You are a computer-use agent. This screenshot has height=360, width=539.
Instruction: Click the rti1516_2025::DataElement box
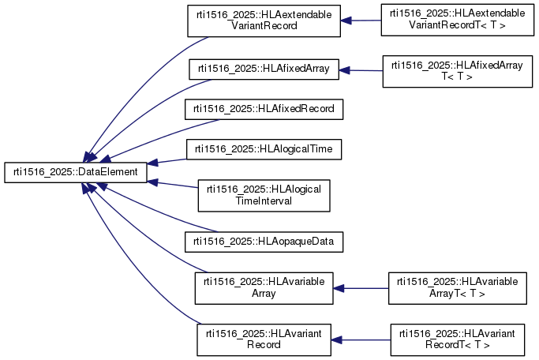(76, 173)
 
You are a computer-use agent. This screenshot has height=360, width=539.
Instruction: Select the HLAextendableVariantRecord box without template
(264, 21)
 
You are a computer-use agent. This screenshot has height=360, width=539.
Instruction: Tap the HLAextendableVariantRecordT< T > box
(458, 20)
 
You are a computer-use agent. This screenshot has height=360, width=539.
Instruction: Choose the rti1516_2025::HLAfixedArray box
(264, 69)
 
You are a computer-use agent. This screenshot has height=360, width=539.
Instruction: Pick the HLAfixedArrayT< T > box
(458, 72)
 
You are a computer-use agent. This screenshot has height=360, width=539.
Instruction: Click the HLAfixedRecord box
(264, 109)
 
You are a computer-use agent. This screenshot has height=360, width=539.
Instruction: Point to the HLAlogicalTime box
(264, 149)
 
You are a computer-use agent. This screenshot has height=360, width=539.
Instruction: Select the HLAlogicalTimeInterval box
(264, 196)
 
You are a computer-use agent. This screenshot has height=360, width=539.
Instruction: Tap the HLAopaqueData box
(264, 242)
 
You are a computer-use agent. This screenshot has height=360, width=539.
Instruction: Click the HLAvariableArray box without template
(264, 288)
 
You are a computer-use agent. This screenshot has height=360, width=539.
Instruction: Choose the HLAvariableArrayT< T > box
(458, 288)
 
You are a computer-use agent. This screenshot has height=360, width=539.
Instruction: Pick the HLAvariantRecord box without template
(264, 339)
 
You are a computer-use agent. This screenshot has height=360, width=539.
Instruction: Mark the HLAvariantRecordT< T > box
(458, 339)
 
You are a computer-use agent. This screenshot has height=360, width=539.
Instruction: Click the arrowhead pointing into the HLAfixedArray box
(344, 70)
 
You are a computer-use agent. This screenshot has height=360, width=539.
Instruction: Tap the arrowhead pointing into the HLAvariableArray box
(339, 288)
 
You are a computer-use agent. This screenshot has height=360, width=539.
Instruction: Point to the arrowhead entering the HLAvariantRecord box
(336, 340)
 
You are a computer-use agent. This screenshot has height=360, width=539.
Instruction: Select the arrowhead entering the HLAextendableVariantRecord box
(346, 21)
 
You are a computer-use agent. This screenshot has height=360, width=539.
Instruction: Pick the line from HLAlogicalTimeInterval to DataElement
(173, 184)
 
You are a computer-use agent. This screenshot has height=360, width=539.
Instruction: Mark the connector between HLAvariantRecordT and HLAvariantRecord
(361, 340)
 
